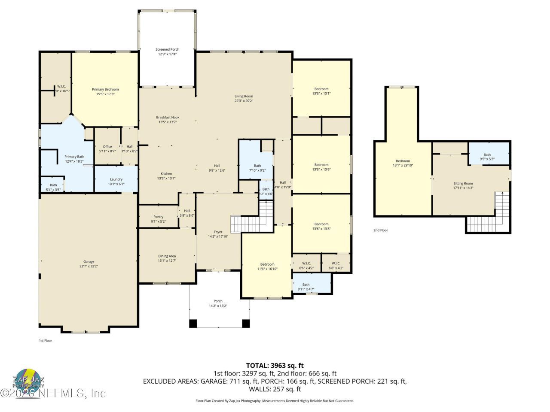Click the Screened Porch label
[167, 50]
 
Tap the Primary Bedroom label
[105, 89]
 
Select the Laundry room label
[116, 179]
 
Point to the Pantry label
[158, 217]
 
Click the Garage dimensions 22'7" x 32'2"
[89, 267]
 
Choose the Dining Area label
[167, 256]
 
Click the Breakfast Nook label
[168, 117]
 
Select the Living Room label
[244, 96]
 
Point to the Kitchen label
[166, 173]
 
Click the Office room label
[107, 147]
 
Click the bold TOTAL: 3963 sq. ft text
[275, 366]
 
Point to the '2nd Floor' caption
[380, 230]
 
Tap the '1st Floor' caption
[45, 341]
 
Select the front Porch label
[218, 301]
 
